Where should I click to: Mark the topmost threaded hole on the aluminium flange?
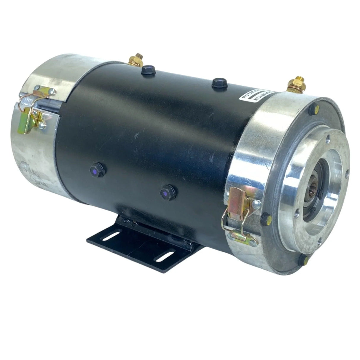328,138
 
